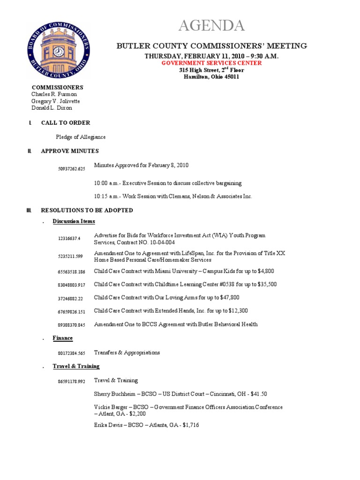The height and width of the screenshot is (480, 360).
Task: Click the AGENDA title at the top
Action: click(211, 26)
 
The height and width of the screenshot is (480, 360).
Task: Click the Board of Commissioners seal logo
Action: click(59, 51)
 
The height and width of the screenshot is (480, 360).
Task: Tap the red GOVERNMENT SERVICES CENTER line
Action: click(211, 63)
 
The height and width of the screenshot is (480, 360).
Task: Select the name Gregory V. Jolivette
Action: click(55, 101)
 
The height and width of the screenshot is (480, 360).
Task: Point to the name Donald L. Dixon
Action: click(52, 108)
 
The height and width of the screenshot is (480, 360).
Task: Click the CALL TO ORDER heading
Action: click(66, 123)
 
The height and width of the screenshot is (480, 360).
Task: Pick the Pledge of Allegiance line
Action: click(81, 137)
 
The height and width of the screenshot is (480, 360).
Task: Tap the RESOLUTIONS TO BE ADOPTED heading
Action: click(87, 210)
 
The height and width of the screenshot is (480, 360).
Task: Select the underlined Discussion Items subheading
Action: click(74, 221)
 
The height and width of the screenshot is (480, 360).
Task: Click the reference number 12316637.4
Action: click(69, 239)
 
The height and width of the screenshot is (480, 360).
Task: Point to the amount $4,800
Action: click(264, 271)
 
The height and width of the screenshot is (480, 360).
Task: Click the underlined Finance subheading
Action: click(63, 338)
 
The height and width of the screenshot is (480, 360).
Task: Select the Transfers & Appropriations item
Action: click(127, 352)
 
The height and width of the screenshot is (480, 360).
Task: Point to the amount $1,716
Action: click(192, 425)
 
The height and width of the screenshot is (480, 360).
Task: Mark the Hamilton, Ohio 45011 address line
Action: click(211, 77)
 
